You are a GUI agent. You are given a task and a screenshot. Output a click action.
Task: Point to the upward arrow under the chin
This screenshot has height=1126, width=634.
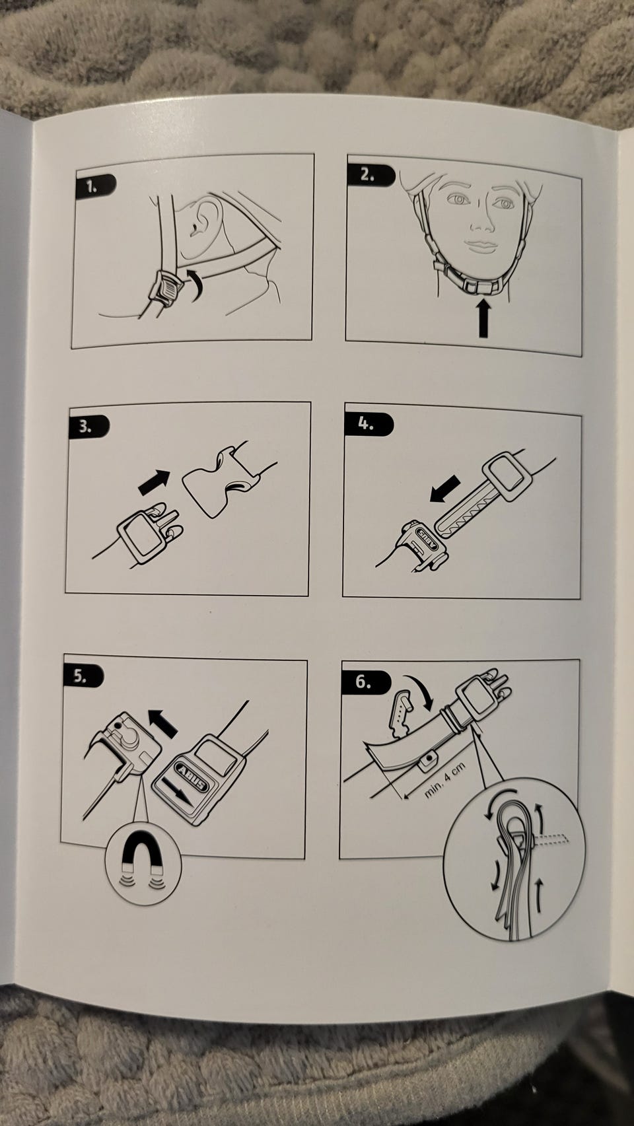pos(483,318)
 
